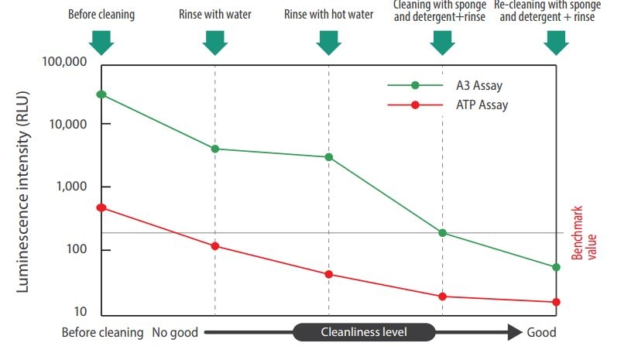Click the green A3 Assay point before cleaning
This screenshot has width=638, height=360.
pos(101,94)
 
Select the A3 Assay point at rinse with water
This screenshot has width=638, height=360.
pos(215,149)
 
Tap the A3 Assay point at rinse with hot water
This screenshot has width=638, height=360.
pos(329,157)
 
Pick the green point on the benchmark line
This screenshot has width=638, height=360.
pos(443,233)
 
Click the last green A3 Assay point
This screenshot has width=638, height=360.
pos(556,267)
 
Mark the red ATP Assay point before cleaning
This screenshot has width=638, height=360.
pos(101,207)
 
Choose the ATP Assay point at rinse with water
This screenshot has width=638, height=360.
pos(215,246)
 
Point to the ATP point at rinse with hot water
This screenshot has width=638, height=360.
pos(329,275)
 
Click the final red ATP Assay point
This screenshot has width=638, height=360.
pos(556,302)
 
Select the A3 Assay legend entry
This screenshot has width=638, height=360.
pos(445,85)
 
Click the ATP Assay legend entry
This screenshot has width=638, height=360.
pos(448,105)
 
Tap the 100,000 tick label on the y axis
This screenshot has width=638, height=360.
pos(64,62)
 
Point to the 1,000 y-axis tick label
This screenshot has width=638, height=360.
pos(71,187)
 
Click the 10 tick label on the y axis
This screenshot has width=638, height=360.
pos(81,311)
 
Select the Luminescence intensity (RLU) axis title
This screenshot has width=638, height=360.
pos(22,191)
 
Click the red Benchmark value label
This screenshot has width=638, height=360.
pos(584,233)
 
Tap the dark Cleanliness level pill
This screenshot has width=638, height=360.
pos(364,332)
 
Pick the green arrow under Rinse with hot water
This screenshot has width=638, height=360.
pos(329,43)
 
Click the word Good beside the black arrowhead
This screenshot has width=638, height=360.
pos(541,332)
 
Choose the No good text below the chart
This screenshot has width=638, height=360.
pos(175,333)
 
